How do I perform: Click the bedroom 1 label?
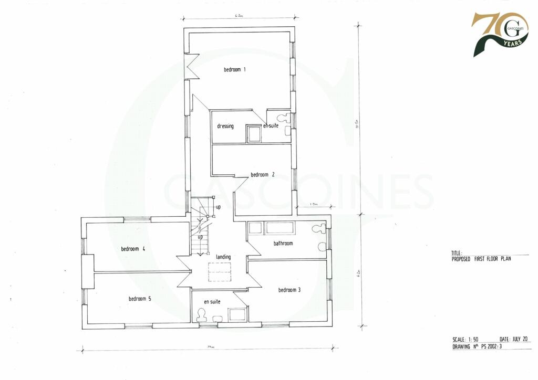[x=235, y=69]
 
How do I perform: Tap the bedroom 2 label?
[x=263, y=175]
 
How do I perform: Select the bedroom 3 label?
[x=289, y=290]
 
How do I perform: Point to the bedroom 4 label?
[x=132, y=249]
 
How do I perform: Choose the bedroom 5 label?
[x=140, y=299]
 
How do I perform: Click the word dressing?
[x=225, y=126]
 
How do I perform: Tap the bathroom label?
[x=283, y=244]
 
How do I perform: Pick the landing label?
[x=223, y=257]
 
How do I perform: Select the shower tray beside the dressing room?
[x=254, y=134]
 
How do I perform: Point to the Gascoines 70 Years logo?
[x=499, y=35]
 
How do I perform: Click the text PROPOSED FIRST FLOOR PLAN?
[x=481, y=259]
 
